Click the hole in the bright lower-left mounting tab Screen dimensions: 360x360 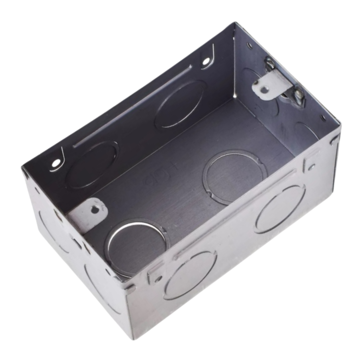click(95, 210)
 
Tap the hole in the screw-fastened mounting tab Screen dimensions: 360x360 click(264, 90)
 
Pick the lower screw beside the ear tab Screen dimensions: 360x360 click(298, 95)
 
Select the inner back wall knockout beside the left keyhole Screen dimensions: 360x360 click(92, 165)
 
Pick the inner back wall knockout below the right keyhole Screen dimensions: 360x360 click(180, 104)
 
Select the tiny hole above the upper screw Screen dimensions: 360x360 click(250, 45)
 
